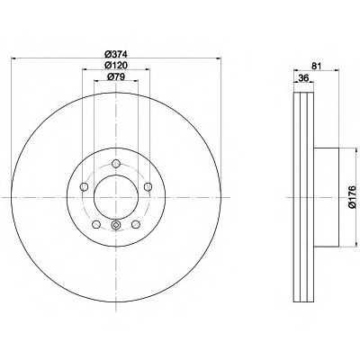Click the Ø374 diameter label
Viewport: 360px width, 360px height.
[116, 54]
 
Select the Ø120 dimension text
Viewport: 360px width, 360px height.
[116, 65]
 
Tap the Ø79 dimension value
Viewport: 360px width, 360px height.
[116, 76]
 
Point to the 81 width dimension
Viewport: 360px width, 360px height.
[316, 66]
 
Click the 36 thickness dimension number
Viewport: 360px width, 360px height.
[303, 78]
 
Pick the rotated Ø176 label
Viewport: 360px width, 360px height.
[352, 197]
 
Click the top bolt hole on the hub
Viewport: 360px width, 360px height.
[116, 164]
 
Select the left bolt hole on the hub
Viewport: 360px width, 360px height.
[84, 187]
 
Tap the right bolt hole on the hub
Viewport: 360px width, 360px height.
[148, 187]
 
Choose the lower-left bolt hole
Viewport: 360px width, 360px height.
[96, 224]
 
